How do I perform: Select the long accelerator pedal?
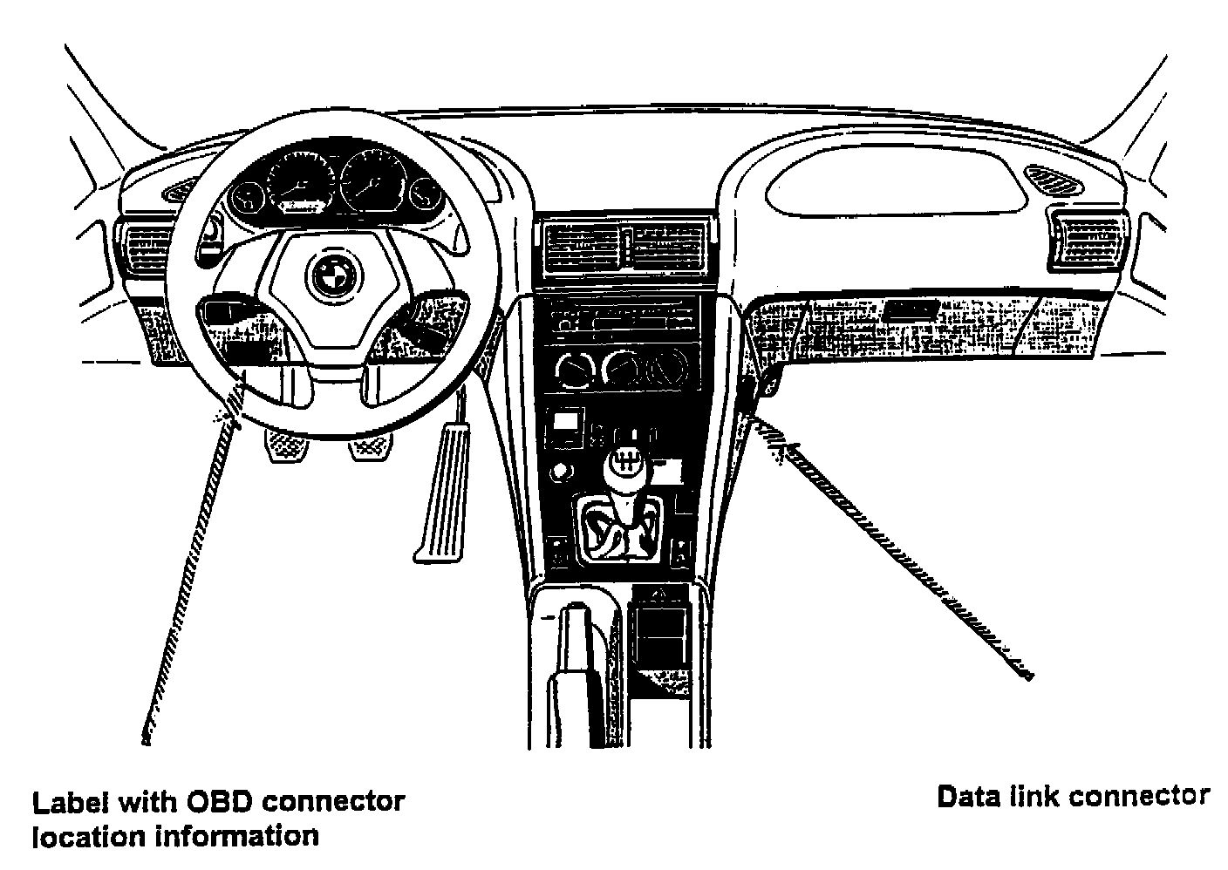tap(445, 493)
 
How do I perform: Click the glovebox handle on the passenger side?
tap(911, 310)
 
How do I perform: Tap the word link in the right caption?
tap(1035, 797)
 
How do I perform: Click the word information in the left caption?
tap(236, 836)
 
